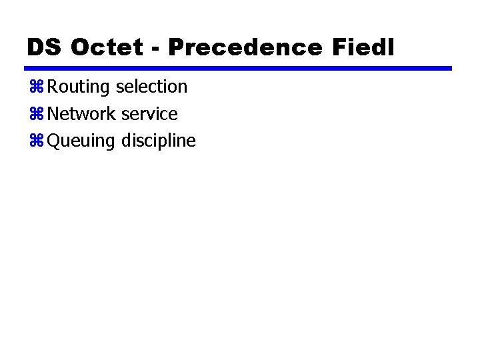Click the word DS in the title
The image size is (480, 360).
(x=45, y=47)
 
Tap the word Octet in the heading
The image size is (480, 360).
(x=106, y=47)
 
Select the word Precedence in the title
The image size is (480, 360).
(x=245, y=47)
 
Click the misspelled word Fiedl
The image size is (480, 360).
(x=362, y=47)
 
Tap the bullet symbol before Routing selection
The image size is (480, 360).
(x=37, y=87)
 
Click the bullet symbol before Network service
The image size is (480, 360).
(x=37, y=115)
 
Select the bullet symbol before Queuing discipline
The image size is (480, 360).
(x=37, y=141)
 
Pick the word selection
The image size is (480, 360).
(x=151, y=87)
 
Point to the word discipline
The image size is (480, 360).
(x=158, y=141)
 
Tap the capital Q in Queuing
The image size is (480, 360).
(x=54, y=141)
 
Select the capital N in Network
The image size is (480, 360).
(x=53, y=114)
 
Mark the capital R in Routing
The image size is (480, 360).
(x=53, y=87)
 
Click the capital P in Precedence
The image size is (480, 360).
(x=176, y=47)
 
